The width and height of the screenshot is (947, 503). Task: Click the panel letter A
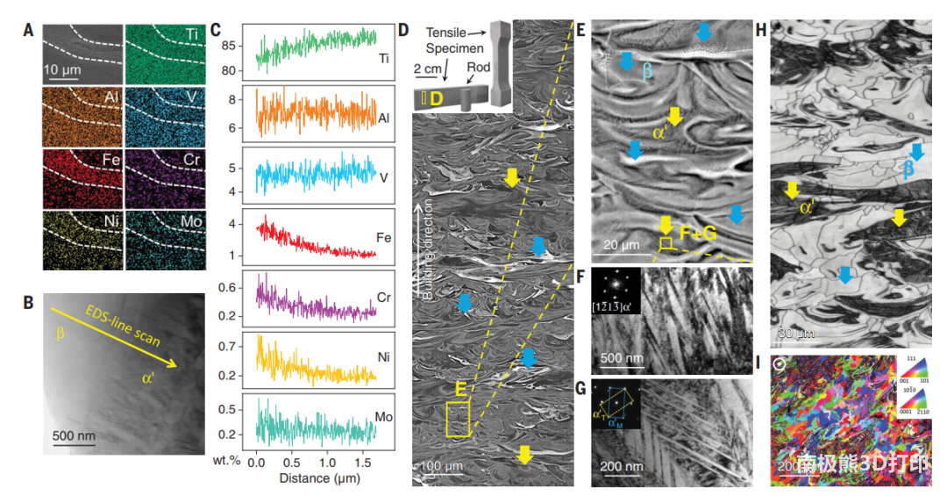pyautogui.click(x=29, y=32)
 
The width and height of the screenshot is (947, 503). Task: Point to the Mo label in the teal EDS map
pyautogui.click(x=190, y=222)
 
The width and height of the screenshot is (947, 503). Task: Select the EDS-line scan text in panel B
pyautogui.click(x=122, y=328)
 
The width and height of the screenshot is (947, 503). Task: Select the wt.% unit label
pyautogui.click(x=223, y=462)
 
